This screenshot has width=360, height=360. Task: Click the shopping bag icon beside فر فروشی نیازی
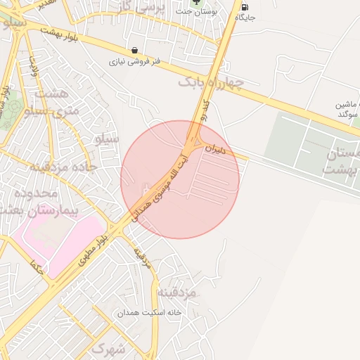[x=134, y=50]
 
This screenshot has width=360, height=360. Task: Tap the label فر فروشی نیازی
[x=134, y=62]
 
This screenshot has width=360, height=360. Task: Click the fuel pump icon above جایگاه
[x=244, y=7]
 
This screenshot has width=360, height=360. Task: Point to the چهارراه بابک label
[x=211, y=83]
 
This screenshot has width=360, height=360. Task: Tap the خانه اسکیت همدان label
[x=149, y=311]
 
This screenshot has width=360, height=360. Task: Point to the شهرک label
[x=108, y=348]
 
